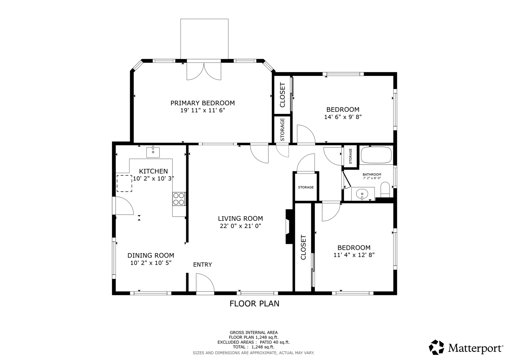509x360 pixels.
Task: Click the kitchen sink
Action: pos(153,152)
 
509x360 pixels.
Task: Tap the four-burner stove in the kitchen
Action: pos(179,199)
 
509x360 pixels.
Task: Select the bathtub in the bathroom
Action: pos(376,155)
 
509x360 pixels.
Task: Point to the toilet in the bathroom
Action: pos(385,189)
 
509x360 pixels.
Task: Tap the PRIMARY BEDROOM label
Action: pos(203,103)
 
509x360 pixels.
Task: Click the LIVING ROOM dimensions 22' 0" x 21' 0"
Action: pos(241,226)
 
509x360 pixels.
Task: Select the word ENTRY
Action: pos(202,265)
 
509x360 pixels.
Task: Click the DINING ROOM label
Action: pos(151,255)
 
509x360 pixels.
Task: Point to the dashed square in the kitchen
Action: pos(124,183)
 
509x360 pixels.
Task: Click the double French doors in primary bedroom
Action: pos(204,71)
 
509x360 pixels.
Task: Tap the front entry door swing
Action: pos(205,283)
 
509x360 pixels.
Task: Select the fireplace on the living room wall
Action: pos(289,227)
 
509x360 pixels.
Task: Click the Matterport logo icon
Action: pos(436,347)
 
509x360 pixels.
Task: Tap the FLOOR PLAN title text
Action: pos(254,304)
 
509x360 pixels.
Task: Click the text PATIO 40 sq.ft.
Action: pos(275,342)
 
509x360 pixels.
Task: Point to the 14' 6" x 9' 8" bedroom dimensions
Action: pos(343,117)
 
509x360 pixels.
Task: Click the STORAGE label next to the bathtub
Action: pos(350,156)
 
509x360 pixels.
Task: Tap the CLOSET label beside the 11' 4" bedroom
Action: pos(303,247)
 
